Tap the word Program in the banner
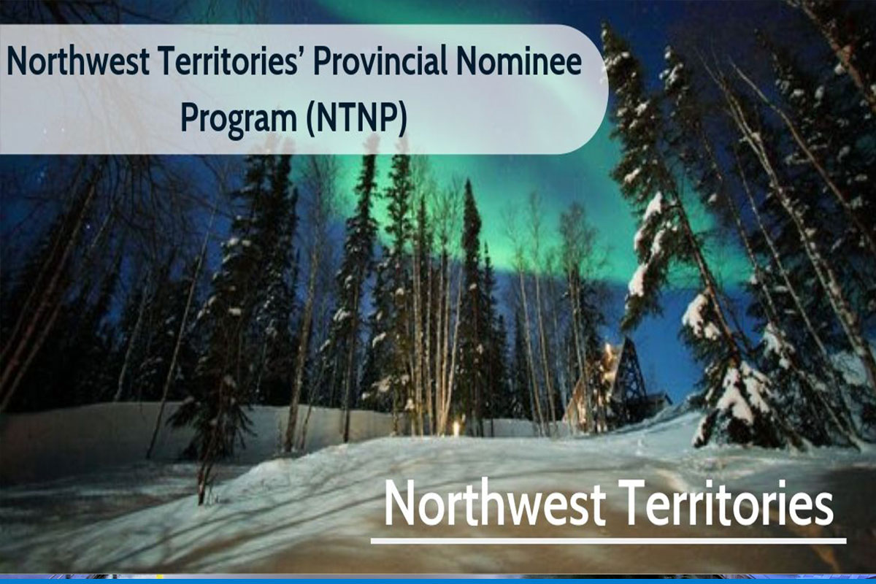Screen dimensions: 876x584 point(239,118)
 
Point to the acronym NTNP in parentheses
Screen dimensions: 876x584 point(357,118)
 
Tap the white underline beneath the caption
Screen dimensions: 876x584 point(609,541)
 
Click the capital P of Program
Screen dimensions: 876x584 point(191,118)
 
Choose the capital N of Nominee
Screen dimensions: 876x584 point(467,61)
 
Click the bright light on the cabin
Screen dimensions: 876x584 point(607,348)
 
